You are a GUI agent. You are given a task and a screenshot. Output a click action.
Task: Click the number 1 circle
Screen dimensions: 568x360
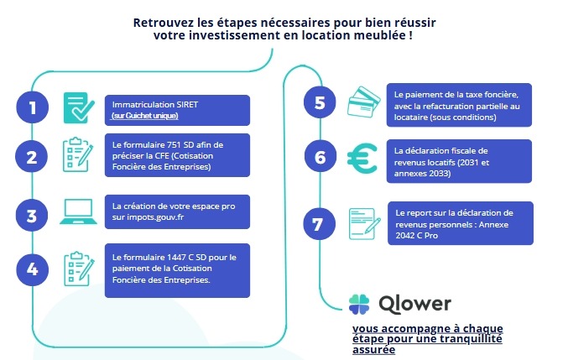pyautogui.click(x=32, y=108)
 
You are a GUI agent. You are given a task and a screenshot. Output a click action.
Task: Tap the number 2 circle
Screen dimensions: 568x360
pyautogui.click(x=32, y=157)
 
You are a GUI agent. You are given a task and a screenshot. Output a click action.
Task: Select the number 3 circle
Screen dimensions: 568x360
pyautogui.click(x=32, y=216)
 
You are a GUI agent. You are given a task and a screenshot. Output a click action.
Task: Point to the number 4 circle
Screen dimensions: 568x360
pyautogui.click(x=32, y=269)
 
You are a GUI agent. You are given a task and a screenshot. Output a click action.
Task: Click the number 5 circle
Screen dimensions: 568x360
pyautogui.click(x=319, y=103)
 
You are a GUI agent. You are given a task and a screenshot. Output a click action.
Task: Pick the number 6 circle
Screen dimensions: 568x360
pyautogui.click(x=319, y=157)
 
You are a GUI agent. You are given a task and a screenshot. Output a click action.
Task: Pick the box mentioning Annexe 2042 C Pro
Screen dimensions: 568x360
pyautogui.click(x=459, y=222)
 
